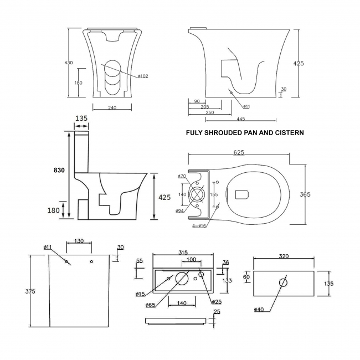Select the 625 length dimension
pyautogui.click(x=239, y=153)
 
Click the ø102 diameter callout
pyautogui.click(x=141, y=76)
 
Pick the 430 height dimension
pyautogui.click(x=69, y=63)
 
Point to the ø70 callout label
pyautogui.click(x=181, y=176)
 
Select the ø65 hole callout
pyautogui.click(x=150, y=305)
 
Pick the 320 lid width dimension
pyautogui.click(x=285, y=257)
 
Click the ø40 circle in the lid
pyautogui.click(x=284, y=282)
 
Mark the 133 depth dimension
pyautogui.click(x=227, y=280)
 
